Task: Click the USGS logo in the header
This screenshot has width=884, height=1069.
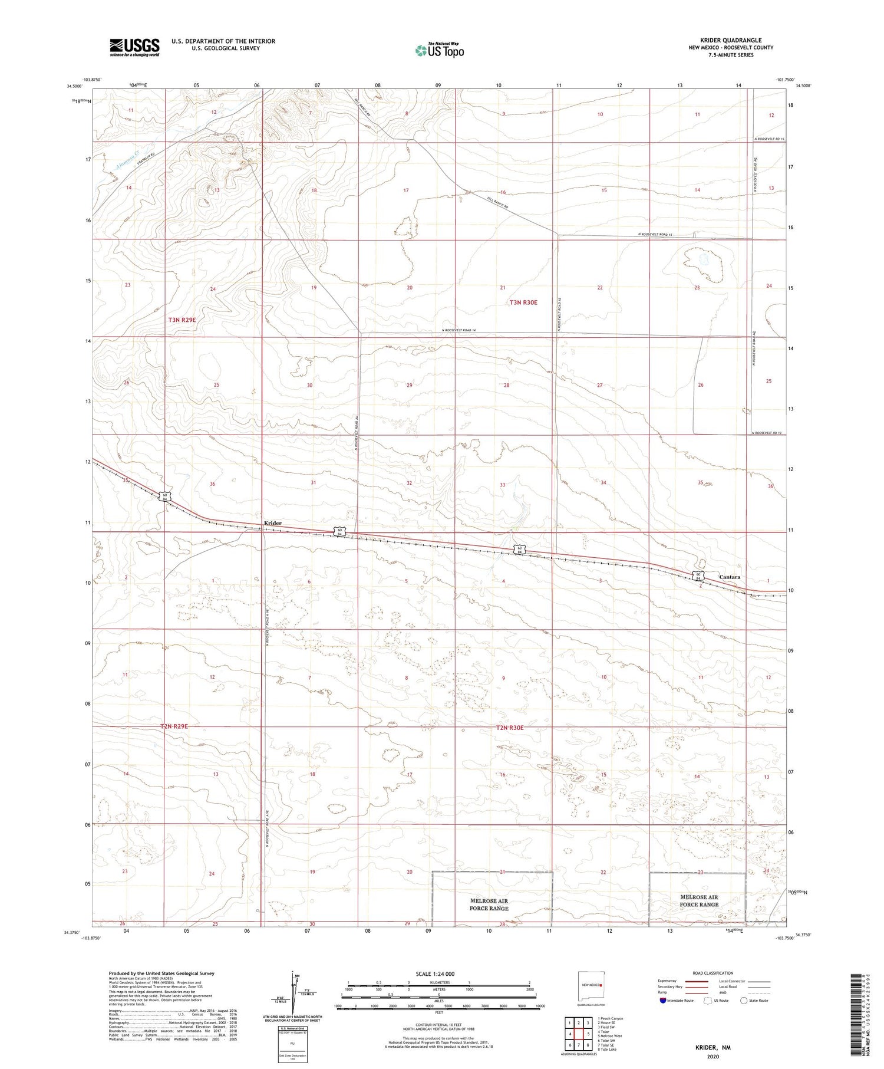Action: pyautogui.click(x=134, y=47)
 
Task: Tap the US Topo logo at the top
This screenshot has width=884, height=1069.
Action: pyautogui.click(x=439, y=50)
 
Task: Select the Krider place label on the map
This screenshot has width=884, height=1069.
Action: pyautogui.click(x=272, y=523)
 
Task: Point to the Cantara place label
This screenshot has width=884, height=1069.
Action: pyautogui.click(x=730, y=577)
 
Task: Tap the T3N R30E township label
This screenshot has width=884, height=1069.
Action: pyautogui.click(x=523, y=302)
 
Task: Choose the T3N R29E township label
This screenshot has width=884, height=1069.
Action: pyautogui.click(x=182, y=320)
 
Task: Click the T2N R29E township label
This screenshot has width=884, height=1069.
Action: pyautogui.click(x=174, y=726)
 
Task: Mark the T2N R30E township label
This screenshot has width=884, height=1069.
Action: pyautogui.click(x=510, y=728)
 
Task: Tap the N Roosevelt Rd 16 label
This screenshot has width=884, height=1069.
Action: pyautogui.click(x=770, y=139)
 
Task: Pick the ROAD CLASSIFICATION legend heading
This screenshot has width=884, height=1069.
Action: pyautogui.click(x=713, y=973)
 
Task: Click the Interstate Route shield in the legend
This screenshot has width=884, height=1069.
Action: pyautogui.click(x=663, y=1000)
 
